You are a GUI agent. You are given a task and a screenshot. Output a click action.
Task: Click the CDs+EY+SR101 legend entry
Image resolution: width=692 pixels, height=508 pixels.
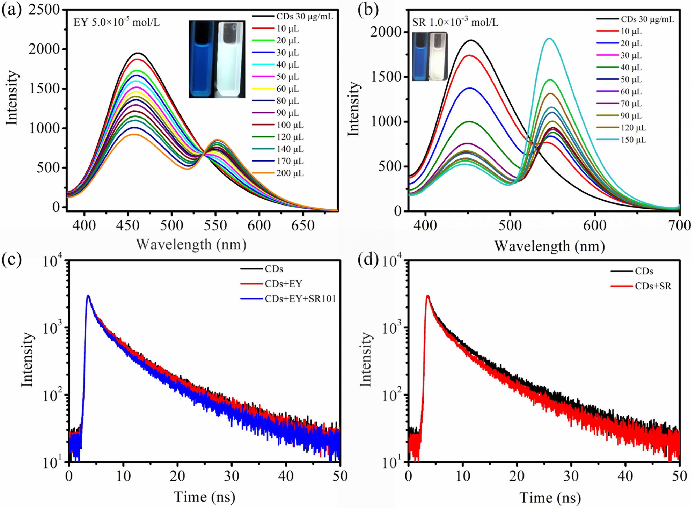[300, 298]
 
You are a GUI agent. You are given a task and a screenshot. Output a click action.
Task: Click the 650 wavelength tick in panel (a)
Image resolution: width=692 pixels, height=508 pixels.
[303, 226]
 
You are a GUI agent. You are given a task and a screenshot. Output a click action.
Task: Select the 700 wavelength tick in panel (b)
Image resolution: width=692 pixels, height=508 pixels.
[679, 226]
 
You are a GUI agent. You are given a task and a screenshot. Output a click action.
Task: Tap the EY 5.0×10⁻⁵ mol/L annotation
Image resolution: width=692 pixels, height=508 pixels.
[117, 23]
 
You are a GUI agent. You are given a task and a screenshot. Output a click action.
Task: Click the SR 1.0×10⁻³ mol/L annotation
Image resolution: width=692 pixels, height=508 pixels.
[455, 23]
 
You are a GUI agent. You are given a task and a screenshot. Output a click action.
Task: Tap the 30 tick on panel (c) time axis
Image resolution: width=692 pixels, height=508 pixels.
[231, 476]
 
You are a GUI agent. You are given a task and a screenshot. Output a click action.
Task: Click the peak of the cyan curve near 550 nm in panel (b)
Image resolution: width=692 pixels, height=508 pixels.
[549, 39]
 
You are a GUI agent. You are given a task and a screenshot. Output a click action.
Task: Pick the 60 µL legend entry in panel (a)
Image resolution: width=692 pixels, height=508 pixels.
[288, 89]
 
